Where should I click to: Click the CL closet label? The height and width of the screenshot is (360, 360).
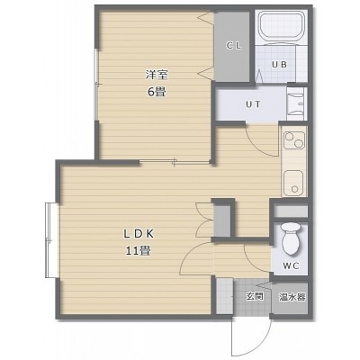pos(233,46)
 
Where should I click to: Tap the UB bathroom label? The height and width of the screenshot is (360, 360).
pos(279,64)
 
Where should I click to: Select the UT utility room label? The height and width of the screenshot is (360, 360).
pos(253,104)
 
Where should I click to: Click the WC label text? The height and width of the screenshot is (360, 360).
pos(291,265)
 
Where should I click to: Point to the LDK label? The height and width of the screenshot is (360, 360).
pos(139,234)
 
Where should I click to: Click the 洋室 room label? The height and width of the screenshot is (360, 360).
pos(157,75)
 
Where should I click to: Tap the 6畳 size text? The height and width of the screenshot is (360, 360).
pos(157,92)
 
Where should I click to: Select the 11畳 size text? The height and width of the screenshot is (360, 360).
pos(139,250)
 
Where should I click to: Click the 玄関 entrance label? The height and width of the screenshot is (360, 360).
pos(255,296)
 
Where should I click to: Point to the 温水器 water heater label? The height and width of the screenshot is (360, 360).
pos(292,297)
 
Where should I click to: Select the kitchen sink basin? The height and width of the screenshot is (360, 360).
pos(294,183)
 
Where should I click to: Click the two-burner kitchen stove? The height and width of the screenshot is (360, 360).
pos(294,140)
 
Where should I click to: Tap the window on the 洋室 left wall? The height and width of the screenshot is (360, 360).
pos(96,85)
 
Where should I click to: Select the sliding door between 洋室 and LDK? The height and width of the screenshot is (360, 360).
pos(175,162)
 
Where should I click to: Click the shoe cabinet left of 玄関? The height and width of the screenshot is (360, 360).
pos(225,296)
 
